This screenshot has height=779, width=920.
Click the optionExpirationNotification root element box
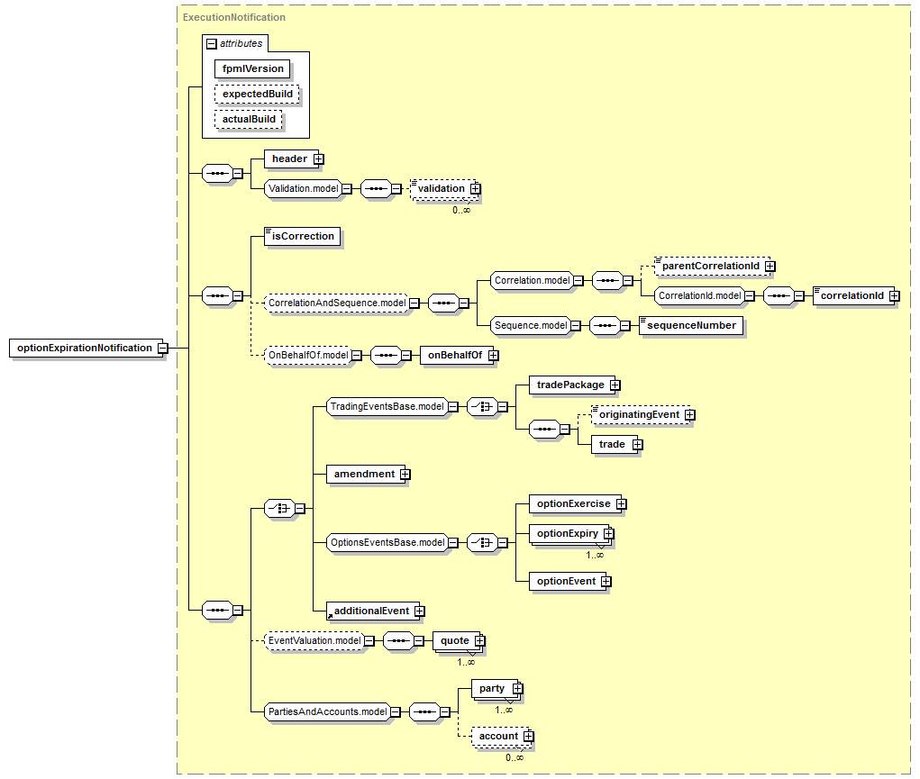[x=86, y=348]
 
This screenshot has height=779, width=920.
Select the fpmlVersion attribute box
[x=252, y=68]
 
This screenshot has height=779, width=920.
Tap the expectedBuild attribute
[x=257, y=94]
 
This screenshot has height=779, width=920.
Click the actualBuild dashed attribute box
[x=248, y=119]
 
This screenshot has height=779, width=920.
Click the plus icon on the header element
[x=319, y=159]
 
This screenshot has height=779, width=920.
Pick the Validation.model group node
[x=304, y=188]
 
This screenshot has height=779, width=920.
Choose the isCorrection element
[x=302, y=236]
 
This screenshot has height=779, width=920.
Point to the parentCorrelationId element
[x=712, y=266]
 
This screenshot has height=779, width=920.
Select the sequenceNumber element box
[x=691, y=326]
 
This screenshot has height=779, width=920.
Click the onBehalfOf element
[x=457, y=355]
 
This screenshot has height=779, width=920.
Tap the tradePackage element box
[x=572, y=385]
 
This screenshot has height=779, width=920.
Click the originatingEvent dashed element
[x=641, y=415]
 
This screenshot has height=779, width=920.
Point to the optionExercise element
[x=575, y=504]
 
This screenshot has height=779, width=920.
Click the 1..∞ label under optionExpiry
[x=595, y=555]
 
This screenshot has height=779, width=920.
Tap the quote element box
[x=457, y=640]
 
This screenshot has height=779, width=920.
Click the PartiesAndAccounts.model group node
[x=327, y=711]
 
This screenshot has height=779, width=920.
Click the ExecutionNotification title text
[x=234, y=18]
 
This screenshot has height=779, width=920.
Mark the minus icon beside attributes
[x=212, y=44]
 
